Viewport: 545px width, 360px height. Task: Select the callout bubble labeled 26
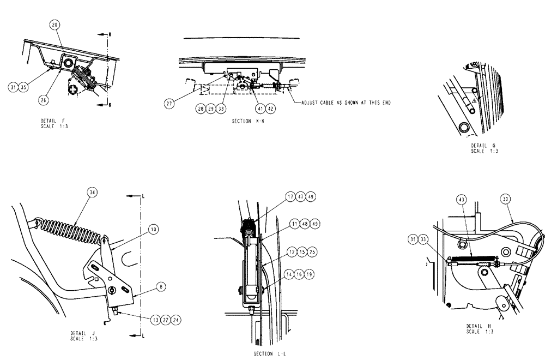(x=44, y=99)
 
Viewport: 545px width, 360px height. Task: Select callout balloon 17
(x=288, y=196)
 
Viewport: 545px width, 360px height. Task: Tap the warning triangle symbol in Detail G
(x=475, y=101)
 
